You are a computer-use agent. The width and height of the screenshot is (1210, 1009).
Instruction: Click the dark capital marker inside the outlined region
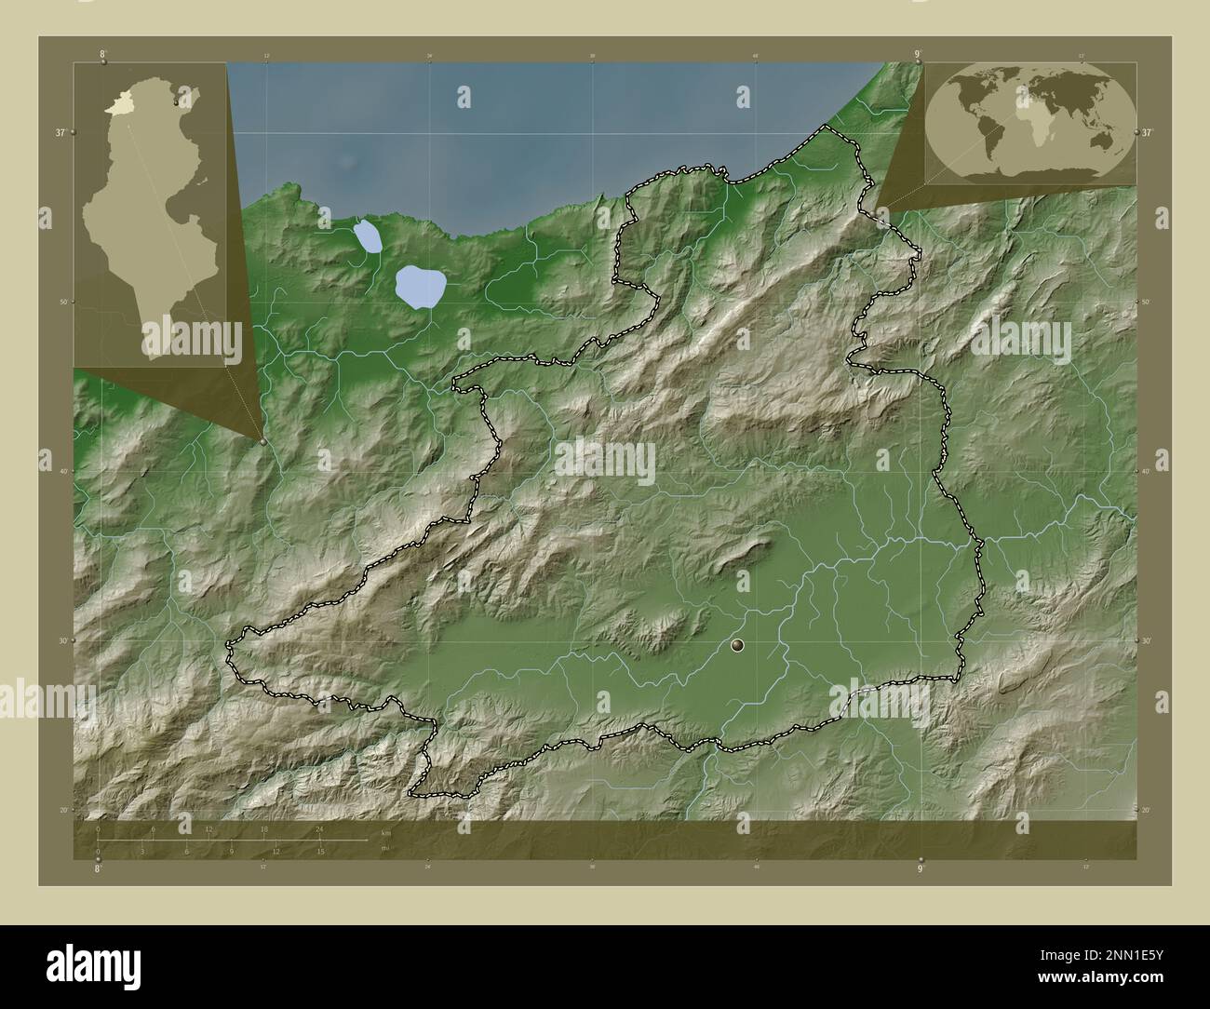coord(738,645)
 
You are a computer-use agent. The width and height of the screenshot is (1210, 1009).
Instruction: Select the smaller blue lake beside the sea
coord(368,236)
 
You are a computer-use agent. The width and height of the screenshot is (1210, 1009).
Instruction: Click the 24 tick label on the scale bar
coord(319,828)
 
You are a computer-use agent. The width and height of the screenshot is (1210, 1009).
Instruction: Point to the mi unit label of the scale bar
coord(384,848)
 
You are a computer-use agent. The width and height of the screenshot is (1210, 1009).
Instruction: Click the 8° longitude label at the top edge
coord(102,54)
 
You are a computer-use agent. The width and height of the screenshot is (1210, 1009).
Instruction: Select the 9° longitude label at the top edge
coord(918,54)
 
